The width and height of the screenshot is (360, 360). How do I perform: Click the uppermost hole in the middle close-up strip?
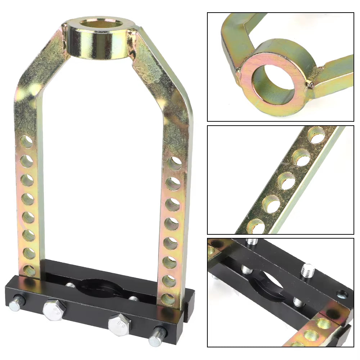click(316, 135)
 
